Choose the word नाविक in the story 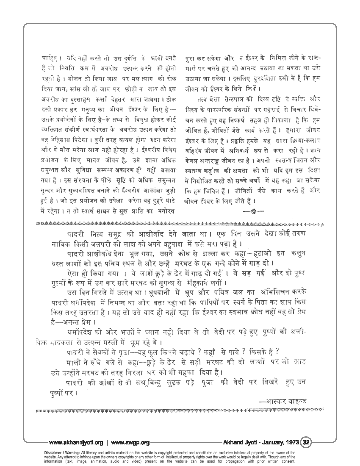coord(55,244)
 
